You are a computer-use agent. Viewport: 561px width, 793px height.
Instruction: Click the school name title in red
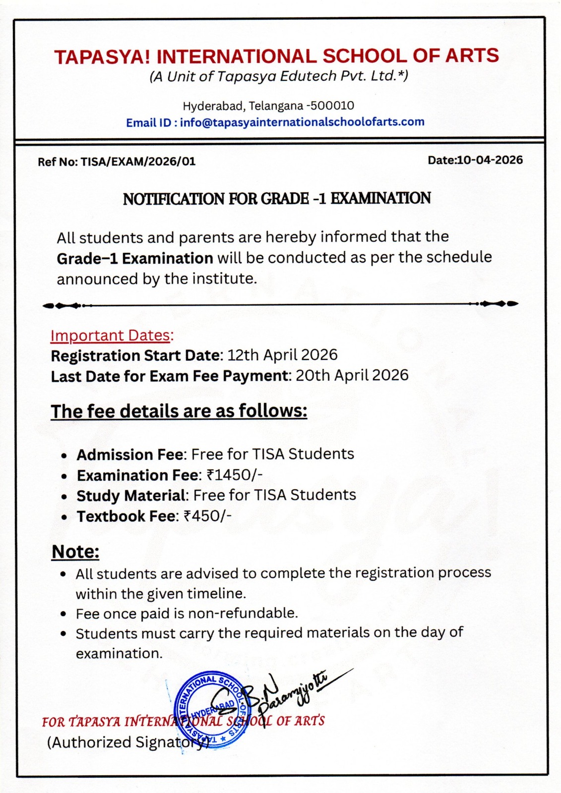[276, 56]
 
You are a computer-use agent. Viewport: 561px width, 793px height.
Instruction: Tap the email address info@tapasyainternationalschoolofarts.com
[302, 122]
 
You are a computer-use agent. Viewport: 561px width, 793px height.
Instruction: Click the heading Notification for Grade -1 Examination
[276, 199]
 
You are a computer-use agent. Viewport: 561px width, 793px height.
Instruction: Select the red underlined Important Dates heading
[111, 336]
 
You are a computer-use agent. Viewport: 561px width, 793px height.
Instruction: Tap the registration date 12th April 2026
[282, 355]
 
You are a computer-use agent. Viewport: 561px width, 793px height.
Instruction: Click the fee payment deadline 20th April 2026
[352, 375]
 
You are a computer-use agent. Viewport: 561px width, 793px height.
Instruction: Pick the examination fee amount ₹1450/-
[234, 475]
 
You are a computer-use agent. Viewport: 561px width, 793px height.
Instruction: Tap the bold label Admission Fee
[130, 454]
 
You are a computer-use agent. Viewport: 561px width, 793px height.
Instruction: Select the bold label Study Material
[131, 496]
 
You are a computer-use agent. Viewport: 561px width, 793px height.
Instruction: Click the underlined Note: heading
[75, 552]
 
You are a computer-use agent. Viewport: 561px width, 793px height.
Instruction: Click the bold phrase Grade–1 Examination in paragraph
[134, 258]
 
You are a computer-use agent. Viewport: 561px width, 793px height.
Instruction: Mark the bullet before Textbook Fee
[64, 517]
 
